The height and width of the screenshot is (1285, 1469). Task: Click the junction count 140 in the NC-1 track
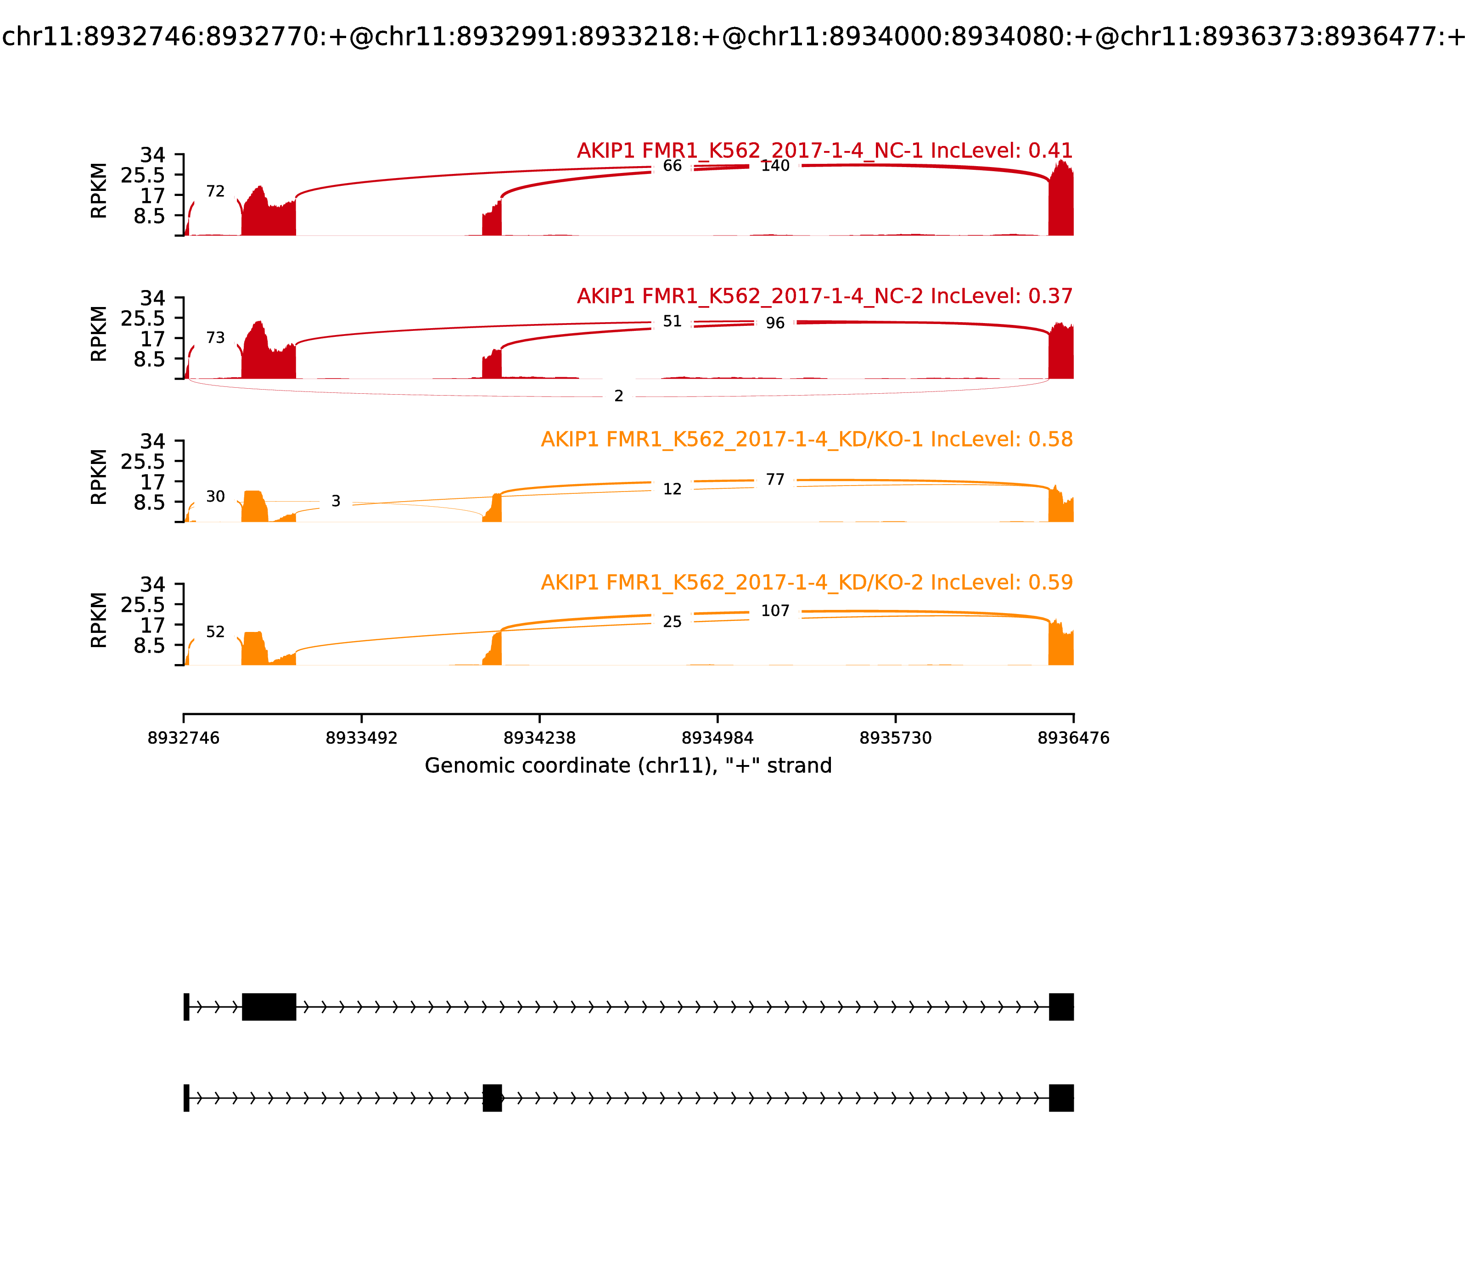click(x=775, y=166)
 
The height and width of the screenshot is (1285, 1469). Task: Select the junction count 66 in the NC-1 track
click(x=672, y=166)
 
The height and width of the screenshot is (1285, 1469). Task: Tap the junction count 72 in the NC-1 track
click(x=215, y=191)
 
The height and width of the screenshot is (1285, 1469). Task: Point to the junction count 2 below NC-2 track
click(x=619, y=396)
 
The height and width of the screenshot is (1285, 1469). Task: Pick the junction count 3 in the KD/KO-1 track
click(x=336, y=501)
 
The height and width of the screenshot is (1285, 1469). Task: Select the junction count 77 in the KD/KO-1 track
click(x=775, y=480)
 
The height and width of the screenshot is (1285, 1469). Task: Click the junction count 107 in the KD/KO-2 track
click(x=775, y=611)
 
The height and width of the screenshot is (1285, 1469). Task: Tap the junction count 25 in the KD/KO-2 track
click(x=672, y=622)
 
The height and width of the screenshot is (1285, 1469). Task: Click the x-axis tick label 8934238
click(x=539, y=738)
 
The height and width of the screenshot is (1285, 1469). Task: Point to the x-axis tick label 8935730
click(x=895, y=738)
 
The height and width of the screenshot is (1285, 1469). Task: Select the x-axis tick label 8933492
click(x=362, y=738)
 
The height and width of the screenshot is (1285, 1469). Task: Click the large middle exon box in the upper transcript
click(x=269, y=1007)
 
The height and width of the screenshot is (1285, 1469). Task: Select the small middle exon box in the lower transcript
click(x=492, y=1098)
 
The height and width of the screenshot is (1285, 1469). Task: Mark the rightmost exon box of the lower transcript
click(x=1061, y=1098)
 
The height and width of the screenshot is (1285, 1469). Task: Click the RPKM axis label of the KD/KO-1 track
click(x=99, y=477)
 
